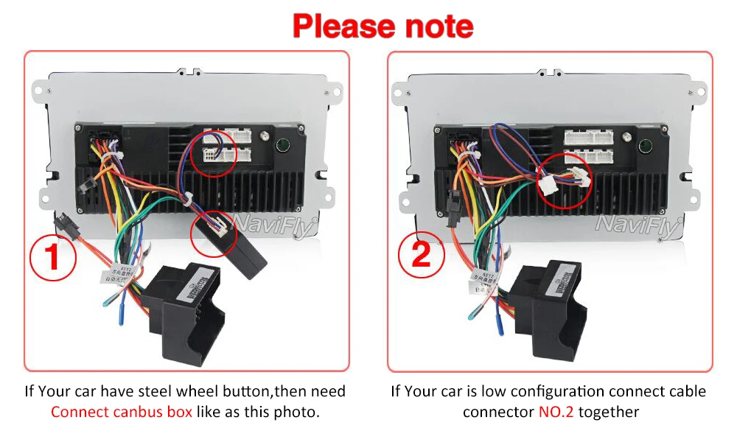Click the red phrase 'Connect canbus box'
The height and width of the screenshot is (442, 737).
(122, 411)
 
